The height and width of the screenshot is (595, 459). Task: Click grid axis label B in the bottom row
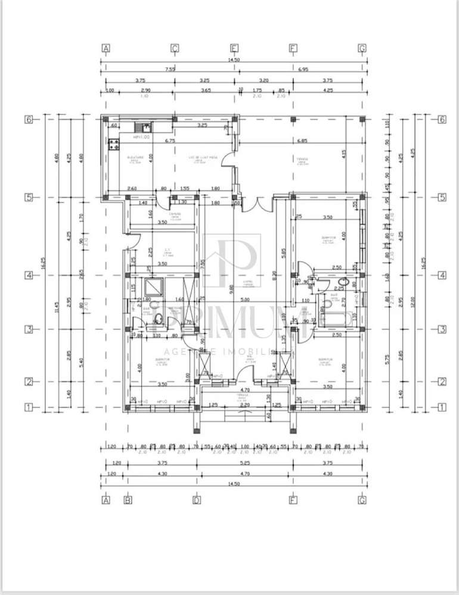[128, 500]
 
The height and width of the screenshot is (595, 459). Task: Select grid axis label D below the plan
[196, 500]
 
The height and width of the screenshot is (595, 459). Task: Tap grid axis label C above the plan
[175, 48]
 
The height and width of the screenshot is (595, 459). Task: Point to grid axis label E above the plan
[234, 48]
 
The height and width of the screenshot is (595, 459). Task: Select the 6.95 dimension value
[302, 68]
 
